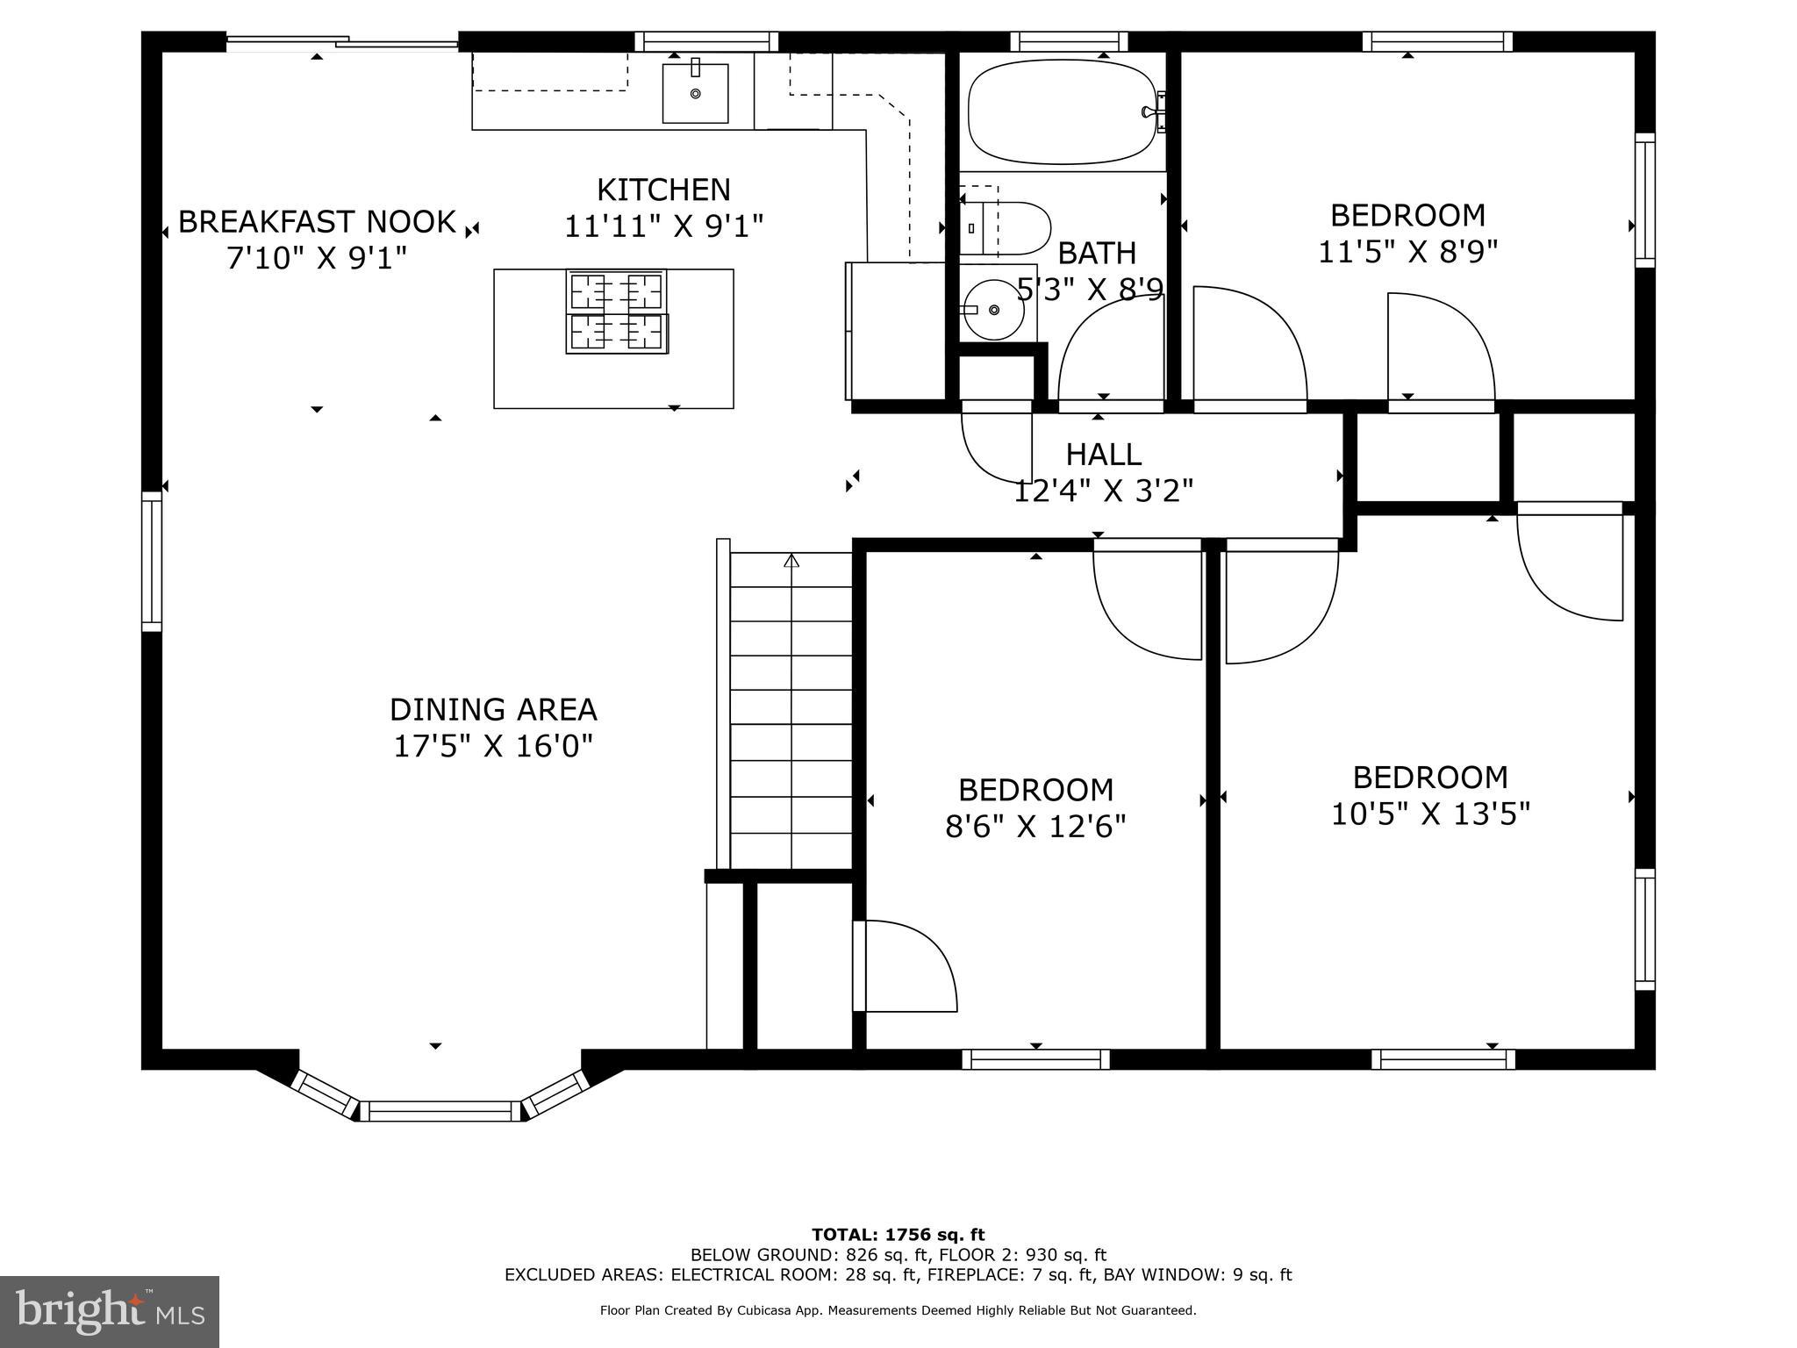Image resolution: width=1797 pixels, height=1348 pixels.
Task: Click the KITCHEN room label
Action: [x=663, y=190]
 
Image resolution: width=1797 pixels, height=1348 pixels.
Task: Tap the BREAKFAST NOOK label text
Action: [x=317, y=221]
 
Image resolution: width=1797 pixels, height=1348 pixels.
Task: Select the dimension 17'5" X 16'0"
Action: [x=492, y=746]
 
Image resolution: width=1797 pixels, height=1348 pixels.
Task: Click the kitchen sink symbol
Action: [x=695, y=92]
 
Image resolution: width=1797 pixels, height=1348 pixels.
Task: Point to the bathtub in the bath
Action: [x=1060, y=111]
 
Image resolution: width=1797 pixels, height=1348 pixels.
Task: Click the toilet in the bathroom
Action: [x=1009, y=228]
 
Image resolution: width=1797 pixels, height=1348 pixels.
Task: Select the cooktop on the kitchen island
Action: [x=616, y=312]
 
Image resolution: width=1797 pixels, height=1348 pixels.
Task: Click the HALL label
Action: [x=1103, y=454]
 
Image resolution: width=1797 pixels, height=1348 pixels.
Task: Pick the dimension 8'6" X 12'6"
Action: [x=1035, y=826]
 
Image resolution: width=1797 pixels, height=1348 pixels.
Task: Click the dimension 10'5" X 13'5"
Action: [x=1430, y=814]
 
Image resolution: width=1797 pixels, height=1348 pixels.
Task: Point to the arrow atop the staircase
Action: [x=791, y=560]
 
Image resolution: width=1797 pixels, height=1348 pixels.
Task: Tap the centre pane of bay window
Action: [x=441, y=1111]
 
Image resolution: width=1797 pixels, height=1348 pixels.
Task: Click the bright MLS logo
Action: [x=110, y=1312]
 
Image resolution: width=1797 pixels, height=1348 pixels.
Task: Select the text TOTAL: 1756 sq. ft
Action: [x=898, y=1235]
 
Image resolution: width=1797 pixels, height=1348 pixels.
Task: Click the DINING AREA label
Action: [x=492, y=709]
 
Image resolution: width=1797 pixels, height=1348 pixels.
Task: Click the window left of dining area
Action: [x=152, y=561]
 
